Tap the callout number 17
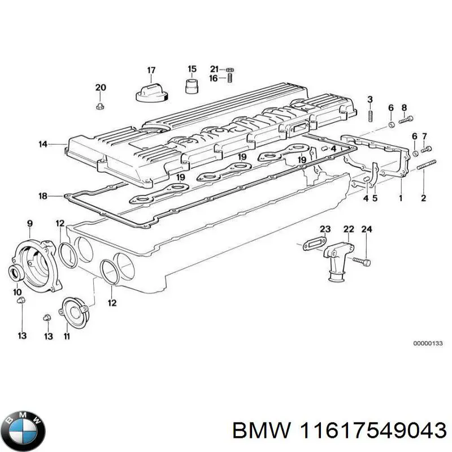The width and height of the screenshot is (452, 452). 151,70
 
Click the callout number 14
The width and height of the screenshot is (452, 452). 43,144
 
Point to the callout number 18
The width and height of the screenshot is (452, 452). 43,196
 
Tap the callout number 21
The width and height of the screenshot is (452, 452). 214,69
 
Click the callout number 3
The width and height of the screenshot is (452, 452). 370,100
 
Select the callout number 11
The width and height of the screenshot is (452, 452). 66,337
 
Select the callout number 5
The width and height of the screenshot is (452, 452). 376,198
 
